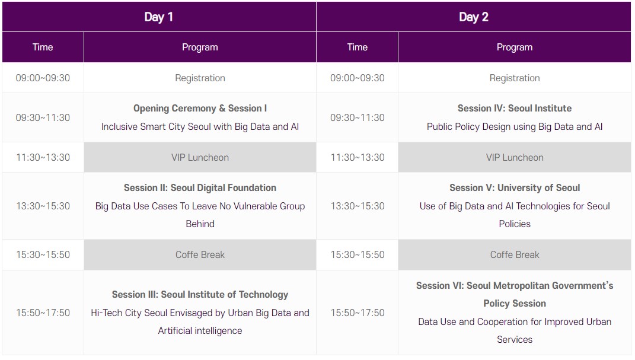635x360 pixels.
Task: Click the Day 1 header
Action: click(x=159, y=17)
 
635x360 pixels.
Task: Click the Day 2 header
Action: click(x=473, y=17)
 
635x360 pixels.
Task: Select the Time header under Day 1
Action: click(x=43, y=47)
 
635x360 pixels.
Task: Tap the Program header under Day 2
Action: click(x=514, y=47)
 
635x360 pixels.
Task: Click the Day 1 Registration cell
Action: click(x=200, y=78)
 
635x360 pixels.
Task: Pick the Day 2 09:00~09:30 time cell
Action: click(x=357, y=78)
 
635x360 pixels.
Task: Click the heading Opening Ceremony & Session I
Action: click(x=200, y=108)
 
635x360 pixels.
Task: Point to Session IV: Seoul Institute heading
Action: click(x=514, y=108)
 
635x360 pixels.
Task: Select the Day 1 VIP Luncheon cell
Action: click(x=200, y=157)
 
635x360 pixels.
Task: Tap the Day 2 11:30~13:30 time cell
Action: click(x=357, y=157)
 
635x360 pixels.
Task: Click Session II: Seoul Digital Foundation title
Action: click(x=200, y=187)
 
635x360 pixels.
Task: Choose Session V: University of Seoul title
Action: click(x=514, y=187)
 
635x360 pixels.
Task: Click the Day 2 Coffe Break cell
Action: click(x=514, y=254)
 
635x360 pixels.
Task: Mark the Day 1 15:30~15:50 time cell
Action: click(x=43, y=254)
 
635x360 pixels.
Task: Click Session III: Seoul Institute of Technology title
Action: click(x=200, y=294)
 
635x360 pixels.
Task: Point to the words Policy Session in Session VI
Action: click(x=514, y=303)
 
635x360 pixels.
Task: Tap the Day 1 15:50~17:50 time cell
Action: click(x=43, y=313)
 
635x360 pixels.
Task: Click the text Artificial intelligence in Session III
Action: click(x=200, y=330)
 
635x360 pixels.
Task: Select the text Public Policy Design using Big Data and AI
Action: click(x=514, y=126)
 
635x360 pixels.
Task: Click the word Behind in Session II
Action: click(x=200, y=224)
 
